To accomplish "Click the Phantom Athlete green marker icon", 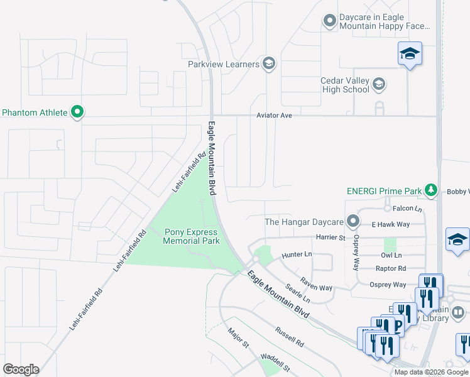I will click(x=77, y=112).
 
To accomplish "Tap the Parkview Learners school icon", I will click(x=268, y=63).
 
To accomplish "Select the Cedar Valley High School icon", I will click(x=379, y=84).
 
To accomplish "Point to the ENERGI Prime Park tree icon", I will click(x=430, y=190).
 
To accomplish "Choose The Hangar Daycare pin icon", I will click(x=353, y=221).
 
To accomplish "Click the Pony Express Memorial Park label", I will click(x=191, y=236).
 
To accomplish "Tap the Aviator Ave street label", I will click(x=274, y=116).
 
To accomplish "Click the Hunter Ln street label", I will click(x=297, y=254).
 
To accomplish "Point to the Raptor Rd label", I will click(x=390, y=268).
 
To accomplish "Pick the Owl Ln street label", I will click(x=391, y=256).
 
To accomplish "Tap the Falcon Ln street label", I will click(x=407, y=208).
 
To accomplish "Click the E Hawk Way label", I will click(x=390, y=224).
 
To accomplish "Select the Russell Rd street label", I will click(x=289, y=336).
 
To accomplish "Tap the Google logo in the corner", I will click(x=21, y=369).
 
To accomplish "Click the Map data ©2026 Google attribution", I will click(x=430, y=372).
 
